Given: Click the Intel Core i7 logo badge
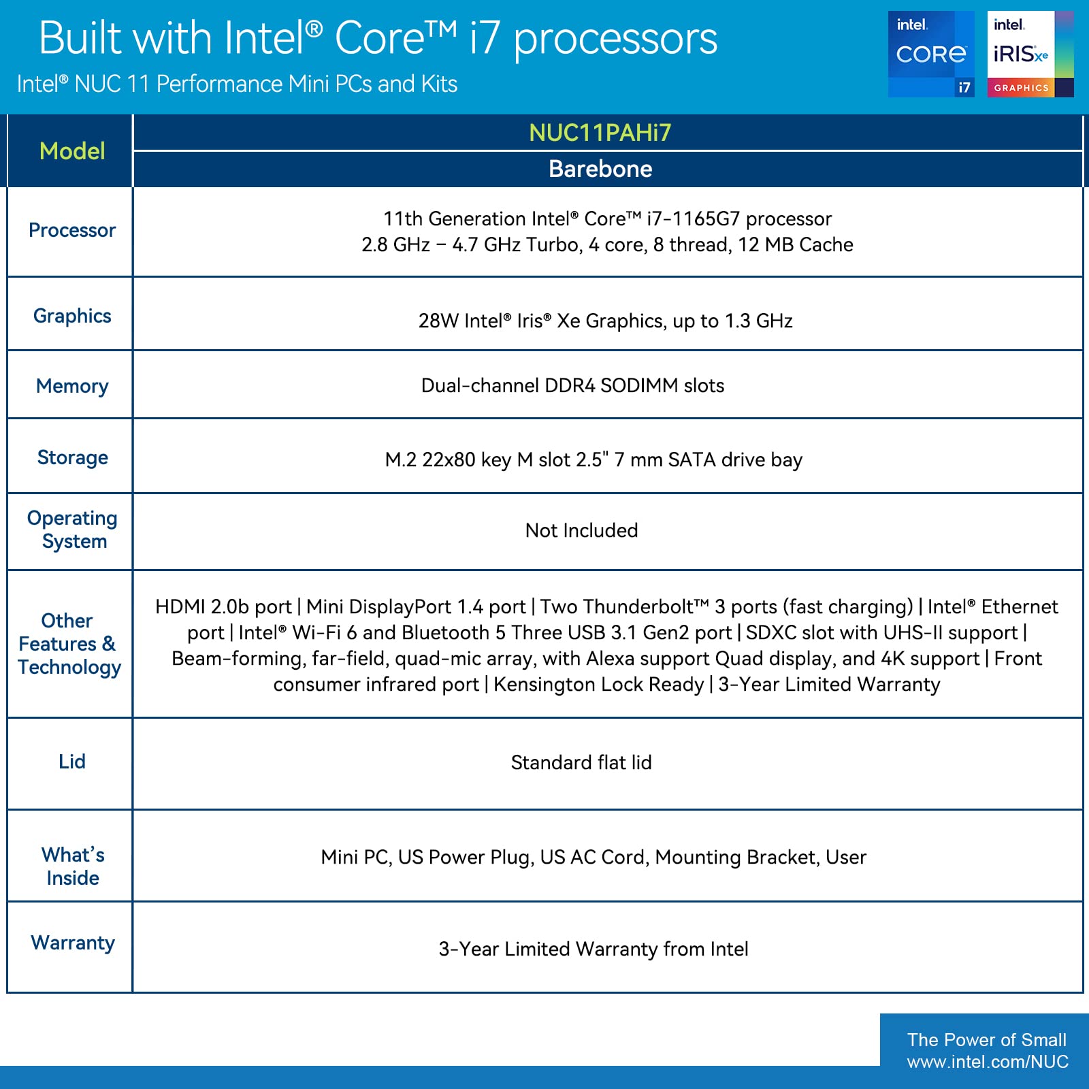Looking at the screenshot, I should pos(930,54).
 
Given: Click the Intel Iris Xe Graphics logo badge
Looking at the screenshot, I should pos(1030,54).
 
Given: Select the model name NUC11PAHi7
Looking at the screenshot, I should pos(600,133).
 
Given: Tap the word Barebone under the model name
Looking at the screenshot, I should pos(600,169).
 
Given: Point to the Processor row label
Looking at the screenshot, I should pos(72,230).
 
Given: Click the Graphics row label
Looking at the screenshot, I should pos(72,316).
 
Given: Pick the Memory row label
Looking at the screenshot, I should pos(72,386).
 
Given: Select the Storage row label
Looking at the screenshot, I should pos(72,457).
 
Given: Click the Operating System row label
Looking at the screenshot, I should pos(72,530).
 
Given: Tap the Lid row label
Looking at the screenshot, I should pos(72,762).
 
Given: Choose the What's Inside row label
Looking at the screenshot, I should pos(72,866).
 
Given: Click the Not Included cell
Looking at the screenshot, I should pos(581,530).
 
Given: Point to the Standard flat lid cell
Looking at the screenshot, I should pos(581,762).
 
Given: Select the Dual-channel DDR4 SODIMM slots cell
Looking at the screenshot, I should pos(572,385).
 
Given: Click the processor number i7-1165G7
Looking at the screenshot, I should pos(692,218).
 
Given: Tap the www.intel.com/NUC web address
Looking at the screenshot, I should pos(988,1062).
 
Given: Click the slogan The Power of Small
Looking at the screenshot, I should pos(986,1040).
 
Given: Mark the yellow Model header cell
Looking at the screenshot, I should pos(72,151).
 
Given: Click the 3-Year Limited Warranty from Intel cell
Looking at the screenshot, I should pos(593,949).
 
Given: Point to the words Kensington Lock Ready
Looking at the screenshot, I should pos(598,684).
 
